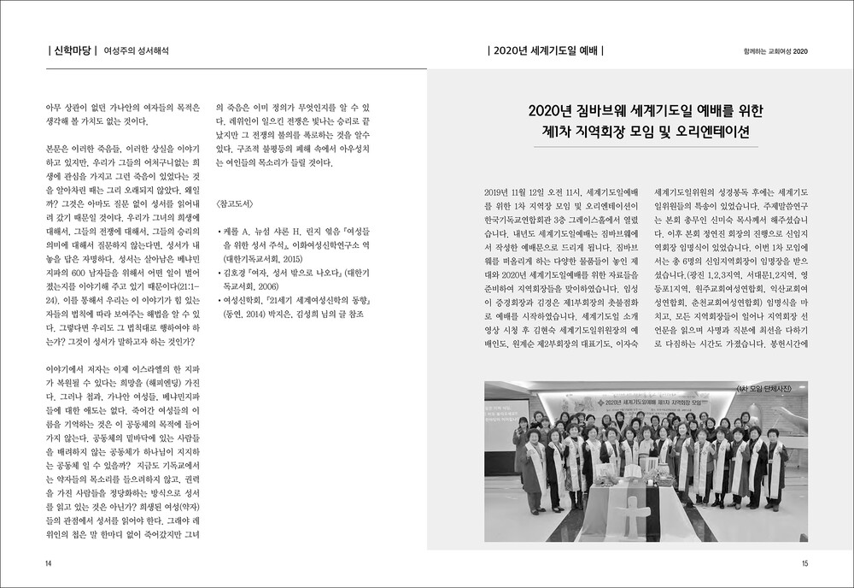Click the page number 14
coord(49,564)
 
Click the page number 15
coord(804,564)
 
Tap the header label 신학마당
coord(74,51)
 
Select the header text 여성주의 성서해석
coord(136,51)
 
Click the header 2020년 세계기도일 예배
coord(544,51)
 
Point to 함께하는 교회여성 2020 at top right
coord(774,51)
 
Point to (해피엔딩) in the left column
coord(148,385)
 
